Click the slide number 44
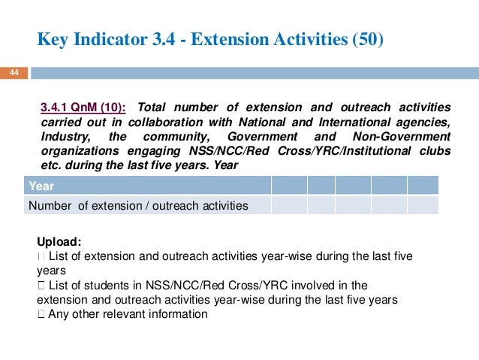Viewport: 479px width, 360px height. [x=14, y=74]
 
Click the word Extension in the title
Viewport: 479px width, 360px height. [x=235, y=38]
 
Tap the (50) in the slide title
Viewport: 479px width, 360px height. [x=367, y=38]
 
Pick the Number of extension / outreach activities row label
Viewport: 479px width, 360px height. [x=138, y=204]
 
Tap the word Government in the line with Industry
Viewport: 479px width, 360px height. [x=262, y=136]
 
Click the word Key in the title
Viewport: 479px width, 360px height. [x=53, y=38]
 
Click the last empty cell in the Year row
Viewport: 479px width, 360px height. [x=422, y=186]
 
